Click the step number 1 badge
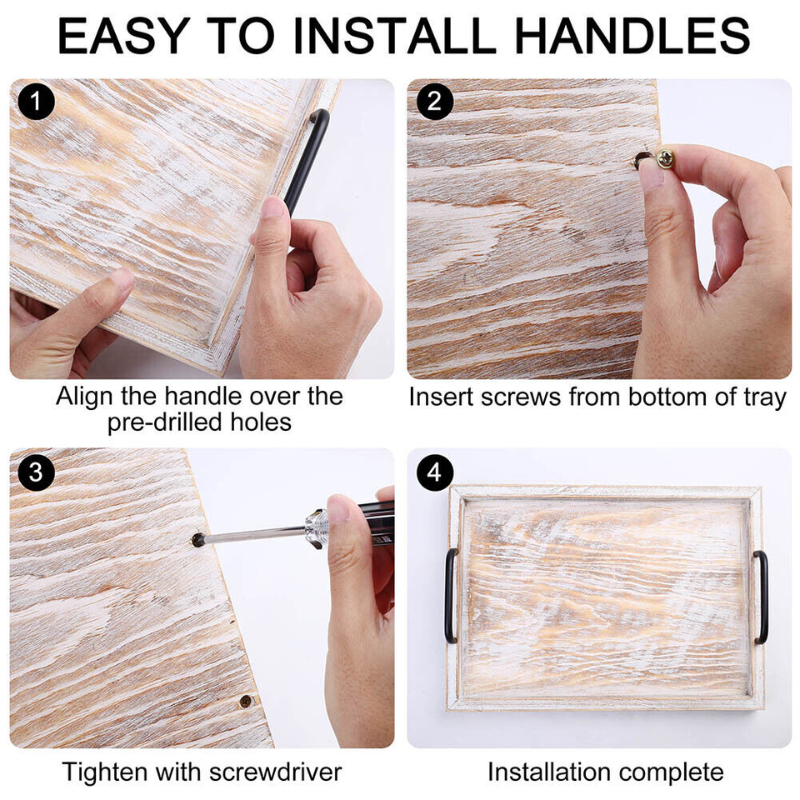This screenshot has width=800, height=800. [36, 102]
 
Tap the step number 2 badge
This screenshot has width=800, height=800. [434, 102]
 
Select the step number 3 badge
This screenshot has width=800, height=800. [36, 472]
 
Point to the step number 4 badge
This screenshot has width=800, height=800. [434, 472]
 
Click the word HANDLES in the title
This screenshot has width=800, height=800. [632, 36]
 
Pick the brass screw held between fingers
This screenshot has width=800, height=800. [665, 157]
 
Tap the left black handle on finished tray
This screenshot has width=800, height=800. [451, 595]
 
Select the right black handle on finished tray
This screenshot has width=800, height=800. [762, 597]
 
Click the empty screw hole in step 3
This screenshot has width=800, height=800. [246, 702]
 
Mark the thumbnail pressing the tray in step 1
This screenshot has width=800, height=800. [274, 207]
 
